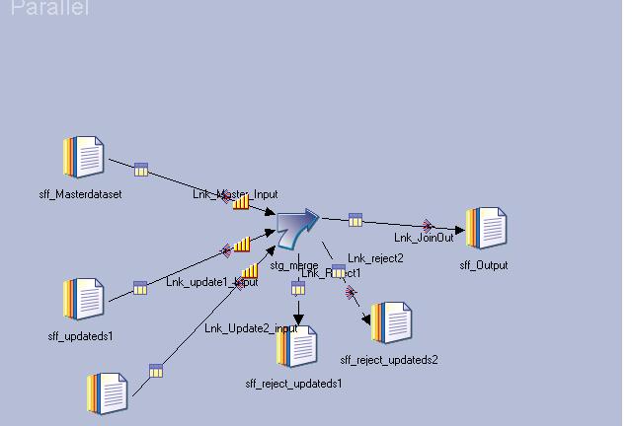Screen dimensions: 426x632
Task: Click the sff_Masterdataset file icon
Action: (x=84, y=158)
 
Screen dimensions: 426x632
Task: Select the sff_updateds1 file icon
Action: (x=84, y=299)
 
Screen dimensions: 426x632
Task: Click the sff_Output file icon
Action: (x=487, y=229)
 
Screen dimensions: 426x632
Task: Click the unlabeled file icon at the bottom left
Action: (x=109, y=393)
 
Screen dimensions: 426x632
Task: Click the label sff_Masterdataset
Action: (x=80, y=194)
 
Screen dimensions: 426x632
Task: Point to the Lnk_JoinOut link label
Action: (x=424, y=238)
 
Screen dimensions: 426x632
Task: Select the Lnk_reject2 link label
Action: (x=375, y=258)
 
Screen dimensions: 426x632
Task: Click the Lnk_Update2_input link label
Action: (x=251, y=328)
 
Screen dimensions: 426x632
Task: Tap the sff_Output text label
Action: (x=484, y=265)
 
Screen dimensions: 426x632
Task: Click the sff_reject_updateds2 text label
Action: (x=389, y=360)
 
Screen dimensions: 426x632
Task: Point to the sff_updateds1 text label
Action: (x=81, y=336)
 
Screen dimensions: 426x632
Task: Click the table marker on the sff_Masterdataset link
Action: (x=140, y=170)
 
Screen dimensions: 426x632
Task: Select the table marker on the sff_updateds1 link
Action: (x=140, y=288)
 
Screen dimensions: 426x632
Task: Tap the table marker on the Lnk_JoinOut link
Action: (x=355, y=219)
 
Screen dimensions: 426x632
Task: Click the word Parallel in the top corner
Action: (x=49, y=9)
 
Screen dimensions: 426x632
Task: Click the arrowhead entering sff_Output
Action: (x=459, y=231)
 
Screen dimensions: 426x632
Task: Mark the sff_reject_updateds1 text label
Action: (x=293, y=384)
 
